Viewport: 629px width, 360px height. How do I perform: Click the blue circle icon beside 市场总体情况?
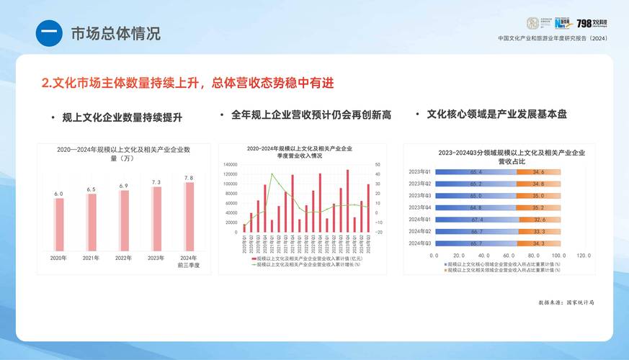tap(50, 33)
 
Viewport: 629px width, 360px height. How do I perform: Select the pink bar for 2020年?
tap(58, 224)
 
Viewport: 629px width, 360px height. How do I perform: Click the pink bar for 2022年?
tap(124, 220)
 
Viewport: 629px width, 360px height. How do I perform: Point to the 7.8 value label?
tap(189, 177)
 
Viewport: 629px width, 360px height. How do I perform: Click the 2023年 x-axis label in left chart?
tap(156, 258)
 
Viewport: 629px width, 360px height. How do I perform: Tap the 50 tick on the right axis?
tap(377, 165)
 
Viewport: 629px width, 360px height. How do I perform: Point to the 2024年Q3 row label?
tap(419, 243)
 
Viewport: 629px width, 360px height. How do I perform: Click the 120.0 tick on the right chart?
tap(583, 256)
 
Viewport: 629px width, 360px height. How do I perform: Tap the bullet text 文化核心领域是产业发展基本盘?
tap(496, 114)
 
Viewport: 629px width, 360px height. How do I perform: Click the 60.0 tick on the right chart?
tap(508, 256)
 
